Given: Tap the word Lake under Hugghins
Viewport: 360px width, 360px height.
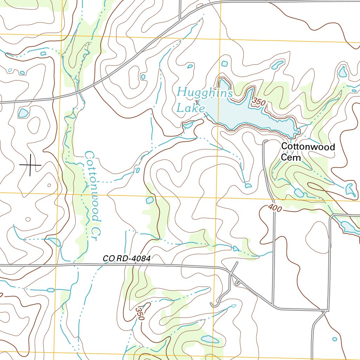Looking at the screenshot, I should point(190,108).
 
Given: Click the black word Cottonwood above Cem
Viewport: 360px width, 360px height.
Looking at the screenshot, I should point(308,147).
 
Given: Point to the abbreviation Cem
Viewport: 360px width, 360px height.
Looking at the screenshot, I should point(291,157).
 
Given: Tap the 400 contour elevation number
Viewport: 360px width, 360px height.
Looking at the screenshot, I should point(275,208).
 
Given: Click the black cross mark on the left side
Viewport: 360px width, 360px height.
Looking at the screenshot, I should point(30,165).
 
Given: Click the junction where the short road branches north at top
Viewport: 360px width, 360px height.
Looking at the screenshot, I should point(180,19).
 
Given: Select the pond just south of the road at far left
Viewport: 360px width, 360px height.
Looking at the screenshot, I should point(23,113).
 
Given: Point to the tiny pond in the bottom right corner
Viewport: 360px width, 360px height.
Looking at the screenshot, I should point(334,339).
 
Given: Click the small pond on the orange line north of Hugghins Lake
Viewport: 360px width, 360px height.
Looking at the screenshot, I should point(224,64).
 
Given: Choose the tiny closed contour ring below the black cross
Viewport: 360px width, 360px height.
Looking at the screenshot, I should point(49,185).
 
